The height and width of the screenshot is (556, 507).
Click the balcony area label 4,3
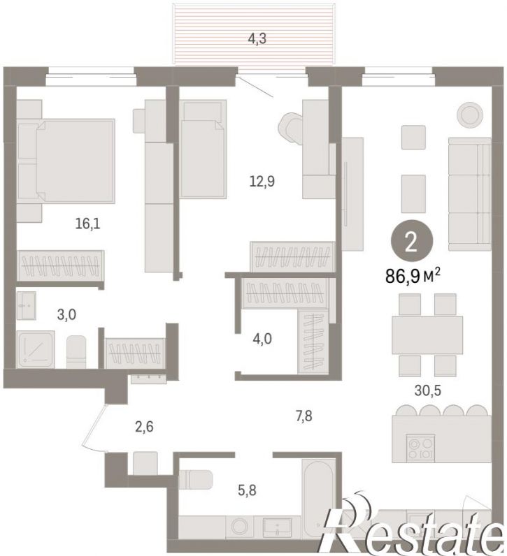tap(257, 38)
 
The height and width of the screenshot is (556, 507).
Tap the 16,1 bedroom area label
tap(87, 224)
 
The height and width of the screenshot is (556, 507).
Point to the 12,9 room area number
tap(262, 182)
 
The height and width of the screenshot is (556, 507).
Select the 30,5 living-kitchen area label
tap(427, 390)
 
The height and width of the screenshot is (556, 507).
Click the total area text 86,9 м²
tap(413, 275)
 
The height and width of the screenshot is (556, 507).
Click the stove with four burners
tap(421, 448)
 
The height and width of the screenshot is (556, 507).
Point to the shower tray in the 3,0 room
tap(35, 349)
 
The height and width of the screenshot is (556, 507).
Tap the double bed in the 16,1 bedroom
tap(66, 161)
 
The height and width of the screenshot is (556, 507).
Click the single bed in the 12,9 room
tap(203, 149)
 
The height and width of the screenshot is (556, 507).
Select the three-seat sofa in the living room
tap(470, 194)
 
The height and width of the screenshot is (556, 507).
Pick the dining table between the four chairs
tap(427, 335)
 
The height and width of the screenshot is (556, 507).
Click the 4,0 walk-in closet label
tap(262, 339)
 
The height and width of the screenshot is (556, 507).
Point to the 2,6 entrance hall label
tap(144, 427)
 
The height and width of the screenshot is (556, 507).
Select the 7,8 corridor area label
tap(304, 416)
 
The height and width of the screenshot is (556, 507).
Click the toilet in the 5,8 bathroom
tap(195, 478)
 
